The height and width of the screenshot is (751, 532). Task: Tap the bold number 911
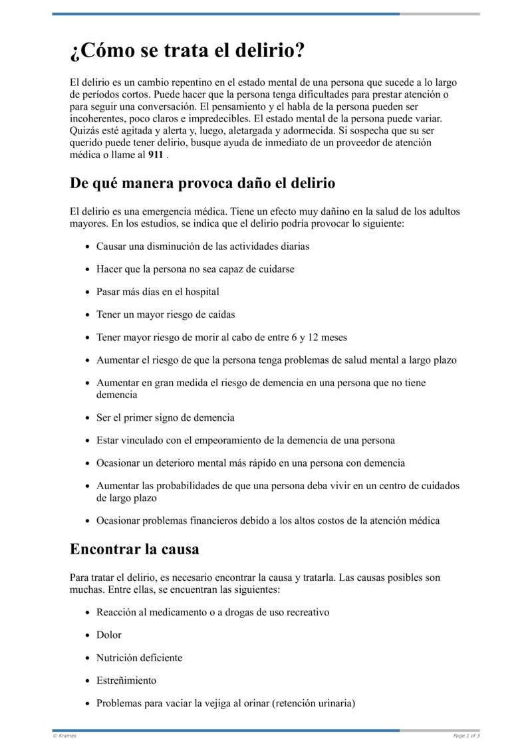coord(156,155)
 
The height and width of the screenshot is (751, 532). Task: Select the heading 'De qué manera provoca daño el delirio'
coord(202,183)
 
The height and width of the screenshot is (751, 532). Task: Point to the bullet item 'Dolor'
coord(109,635)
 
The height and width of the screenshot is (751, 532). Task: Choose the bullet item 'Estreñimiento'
coord(126,681)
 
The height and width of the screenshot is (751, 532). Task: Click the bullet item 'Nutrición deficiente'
coord(139,658)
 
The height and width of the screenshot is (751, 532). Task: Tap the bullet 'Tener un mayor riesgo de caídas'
coord(166,314)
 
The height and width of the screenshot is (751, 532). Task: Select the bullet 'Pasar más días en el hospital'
coord(158,292)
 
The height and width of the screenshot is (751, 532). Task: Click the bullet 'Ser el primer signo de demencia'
coord(165,418)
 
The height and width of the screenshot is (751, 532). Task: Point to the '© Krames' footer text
coord(65,735)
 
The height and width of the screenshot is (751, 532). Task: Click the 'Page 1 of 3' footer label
coord(466,735)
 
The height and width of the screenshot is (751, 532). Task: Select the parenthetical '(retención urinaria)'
coord(313,703)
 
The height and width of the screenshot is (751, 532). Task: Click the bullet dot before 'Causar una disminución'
coord(88,247)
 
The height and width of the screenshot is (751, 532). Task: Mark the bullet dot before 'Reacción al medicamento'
coord(88,613)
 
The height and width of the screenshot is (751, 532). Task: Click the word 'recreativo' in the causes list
coord(307,612)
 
